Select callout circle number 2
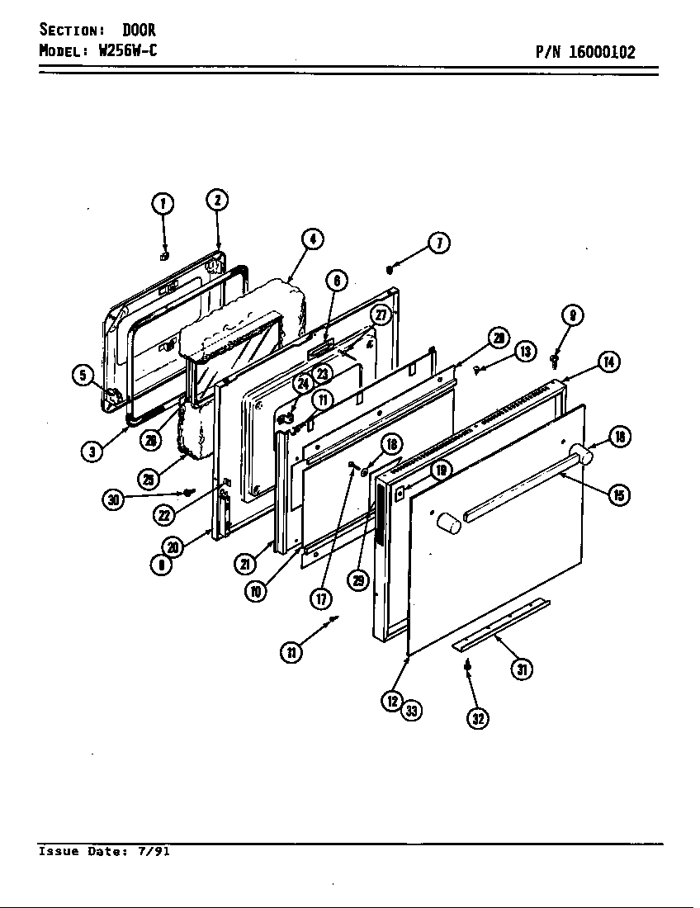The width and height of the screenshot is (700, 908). point(216,201)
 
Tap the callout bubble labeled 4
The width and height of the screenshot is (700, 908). point(311,239)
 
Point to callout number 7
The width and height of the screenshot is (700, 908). point(439,243)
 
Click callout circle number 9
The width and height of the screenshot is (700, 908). point(572,315)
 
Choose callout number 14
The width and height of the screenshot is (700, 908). point(609,362)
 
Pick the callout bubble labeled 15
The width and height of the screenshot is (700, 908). point(618,494)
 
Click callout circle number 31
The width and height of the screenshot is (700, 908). point(521,669)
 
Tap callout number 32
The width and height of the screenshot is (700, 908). point(477,719)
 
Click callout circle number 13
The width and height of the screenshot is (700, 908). point(526,352)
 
